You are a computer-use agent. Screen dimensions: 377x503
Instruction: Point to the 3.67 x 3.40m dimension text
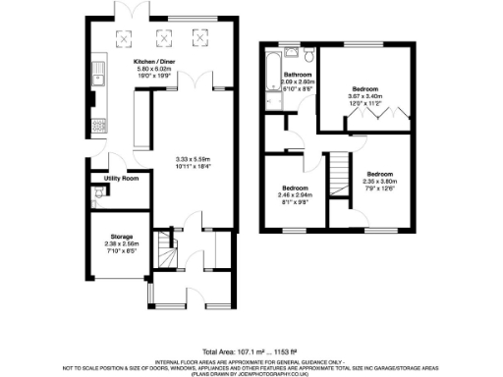click(x=367, y=96)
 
